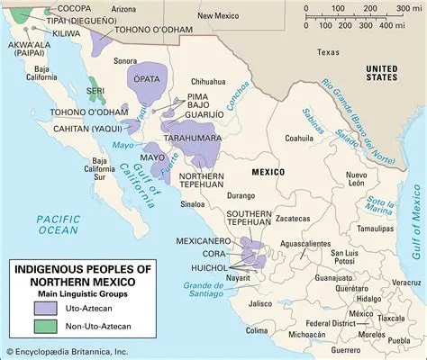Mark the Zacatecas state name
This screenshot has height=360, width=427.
point(300,218)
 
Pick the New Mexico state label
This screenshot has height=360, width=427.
point(219,15)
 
